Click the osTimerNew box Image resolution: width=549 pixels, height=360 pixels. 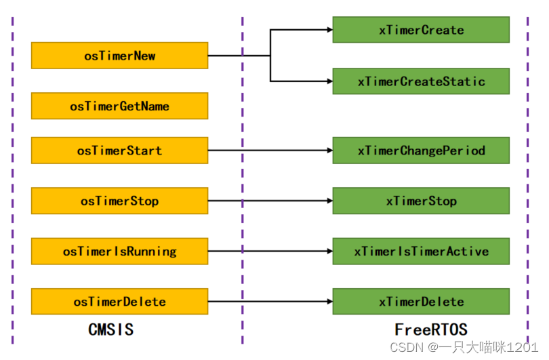[x=119, y=56]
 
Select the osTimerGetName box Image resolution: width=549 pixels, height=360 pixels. [x=119, y=106]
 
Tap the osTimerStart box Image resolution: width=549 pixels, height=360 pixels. [x=119, y=150]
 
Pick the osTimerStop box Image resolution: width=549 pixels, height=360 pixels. [x=119, y=201]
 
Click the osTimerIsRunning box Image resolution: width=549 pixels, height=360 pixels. [x=119, y=251]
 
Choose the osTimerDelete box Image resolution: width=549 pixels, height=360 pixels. [x=119, y=302]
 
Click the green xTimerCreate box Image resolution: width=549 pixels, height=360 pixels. [x=421, y=30]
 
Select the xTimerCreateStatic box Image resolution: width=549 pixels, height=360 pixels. [x=421, y=81]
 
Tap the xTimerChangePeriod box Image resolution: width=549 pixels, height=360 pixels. [x=421, y=150]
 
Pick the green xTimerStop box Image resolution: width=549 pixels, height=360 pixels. [x=421, y=201]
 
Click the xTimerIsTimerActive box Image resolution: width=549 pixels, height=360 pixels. [x=421, y=251]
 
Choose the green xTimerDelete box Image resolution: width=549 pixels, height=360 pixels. [x=421, y=302]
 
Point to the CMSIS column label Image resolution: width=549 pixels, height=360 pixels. [x=111, y=330]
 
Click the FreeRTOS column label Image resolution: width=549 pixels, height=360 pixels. [x=431, y=330]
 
